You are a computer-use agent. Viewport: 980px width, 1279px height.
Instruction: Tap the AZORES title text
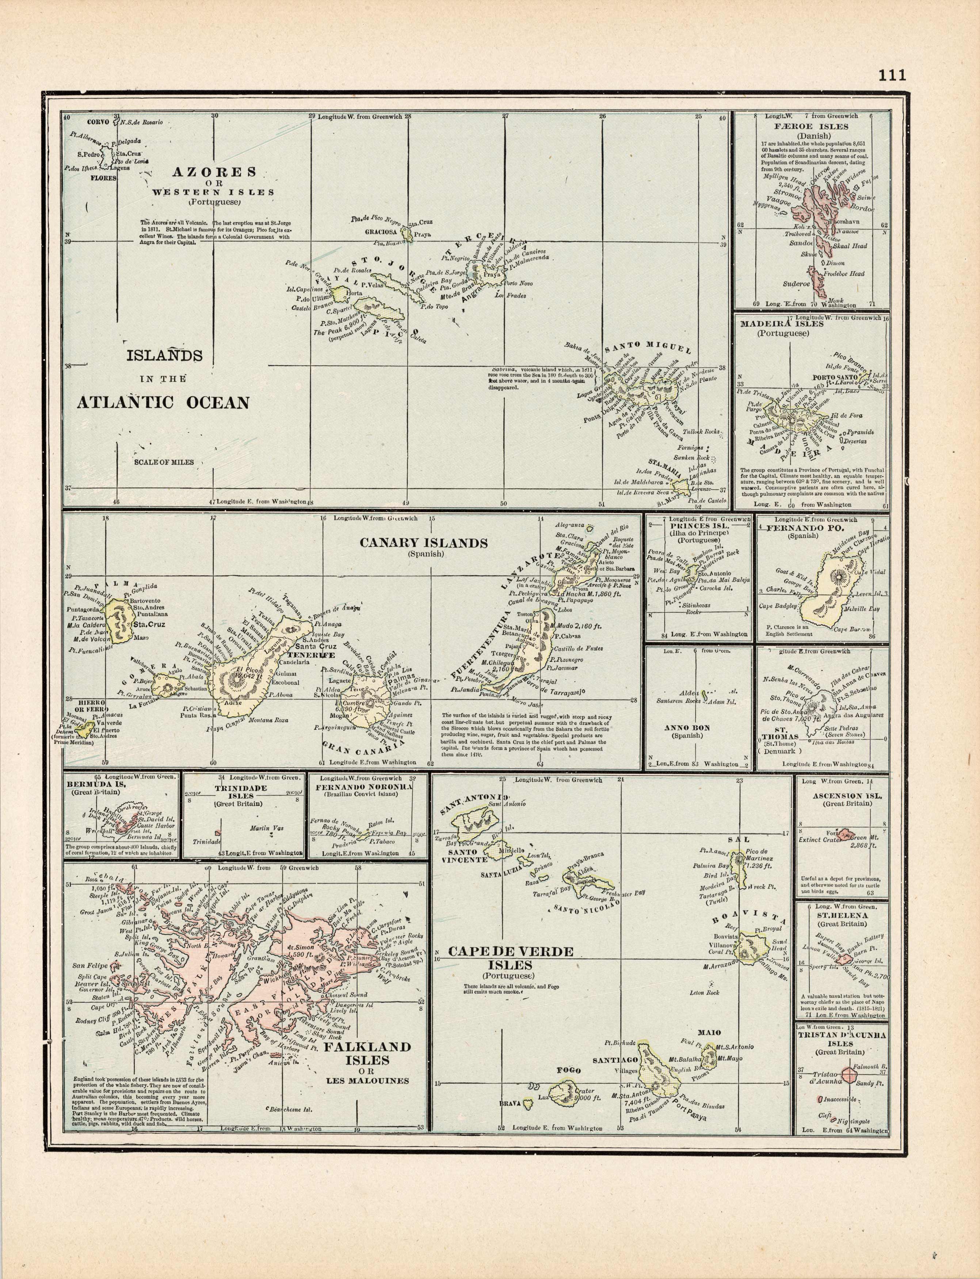click(214, 172)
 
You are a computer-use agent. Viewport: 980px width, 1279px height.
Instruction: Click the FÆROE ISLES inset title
click(811, 126)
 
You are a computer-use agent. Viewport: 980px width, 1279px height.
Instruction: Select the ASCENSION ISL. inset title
click(843, 796)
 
